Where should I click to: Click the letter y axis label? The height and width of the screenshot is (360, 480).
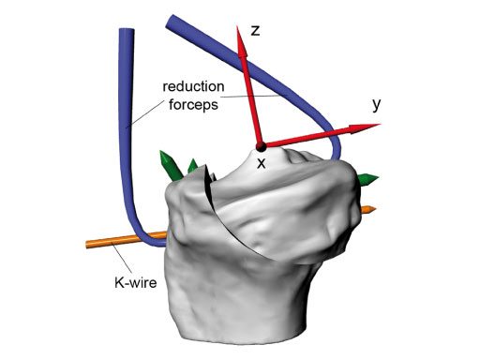[376, 104]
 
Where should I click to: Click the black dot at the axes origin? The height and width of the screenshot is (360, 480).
[261, 145]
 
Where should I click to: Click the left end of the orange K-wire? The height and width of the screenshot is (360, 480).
[88, 244]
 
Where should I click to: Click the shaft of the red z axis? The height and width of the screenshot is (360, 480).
[251, 94]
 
